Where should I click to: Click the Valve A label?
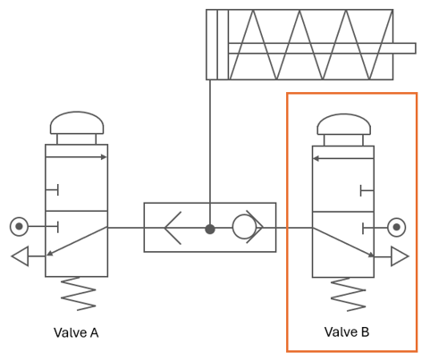point(76,332)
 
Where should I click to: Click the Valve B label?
point(347,331)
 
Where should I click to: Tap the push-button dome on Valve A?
point(77,122)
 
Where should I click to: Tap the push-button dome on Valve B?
point(344,124)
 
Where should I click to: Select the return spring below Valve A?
point(78,294)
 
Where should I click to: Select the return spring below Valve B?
point(349,295)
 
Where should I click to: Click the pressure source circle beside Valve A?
point(19,227)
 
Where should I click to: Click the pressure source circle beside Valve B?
point(396,227)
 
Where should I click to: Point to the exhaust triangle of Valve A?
point(21,256)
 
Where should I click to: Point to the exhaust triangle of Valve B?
point(400,256)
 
